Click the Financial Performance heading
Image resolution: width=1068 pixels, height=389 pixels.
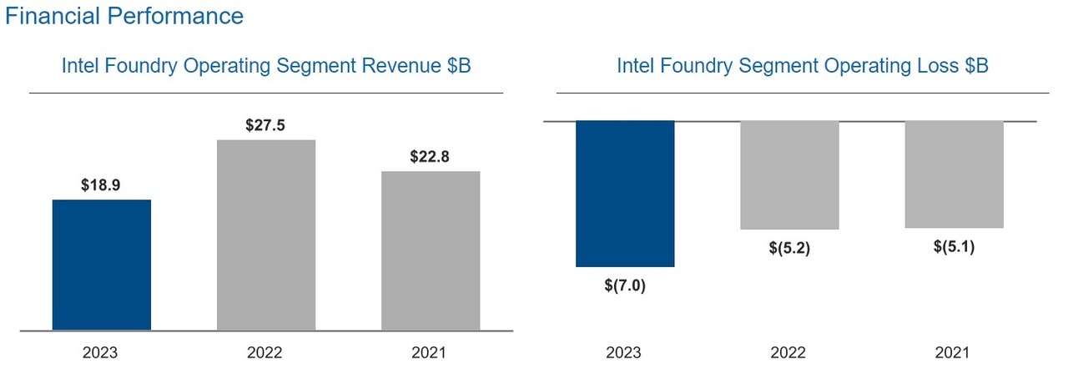[124, 16]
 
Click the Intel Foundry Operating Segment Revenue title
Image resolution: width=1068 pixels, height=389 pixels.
[266, 66]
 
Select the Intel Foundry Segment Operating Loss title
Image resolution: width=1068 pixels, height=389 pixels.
[802, 66]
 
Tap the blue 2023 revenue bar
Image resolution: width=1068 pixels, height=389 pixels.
[102, 265]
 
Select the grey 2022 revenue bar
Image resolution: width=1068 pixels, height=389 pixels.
[266, 235]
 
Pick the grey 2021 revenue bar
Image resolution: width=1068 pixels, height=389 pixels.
[431, 251]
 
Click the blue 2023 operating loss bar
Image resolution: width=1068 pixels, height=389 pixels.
[625, 194]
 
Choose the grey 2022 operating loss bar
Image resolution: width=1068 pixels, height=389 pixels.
[789, 175]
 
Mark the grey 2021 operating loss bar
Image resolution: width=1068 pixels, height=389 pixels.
[954, 174]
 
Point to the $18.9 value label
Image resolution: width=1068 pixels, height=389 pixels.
[101, 186]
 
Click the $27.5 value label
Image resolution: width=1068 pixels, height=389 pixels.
[266, 126]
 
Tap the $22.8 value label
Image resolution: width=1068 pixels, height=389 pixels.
[431, 157]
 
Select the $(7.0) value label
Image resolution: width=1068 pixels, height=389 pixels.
[625, 285]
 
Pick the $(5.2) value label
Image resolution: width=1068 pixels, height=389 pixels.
[789, 249]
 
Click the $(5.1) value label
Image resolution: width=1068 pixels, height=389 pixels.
[954, 247]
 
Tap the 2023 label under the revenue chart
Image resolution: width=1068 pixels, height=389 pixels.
[100, 353]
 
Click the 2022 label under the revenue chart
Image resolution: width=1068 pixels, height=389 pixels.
[264, 353]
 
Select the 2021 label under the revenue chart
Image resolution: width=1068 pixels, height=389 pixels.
[429, 353]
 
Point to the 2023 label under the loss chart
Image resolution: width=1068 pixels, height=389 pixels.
[623, 353]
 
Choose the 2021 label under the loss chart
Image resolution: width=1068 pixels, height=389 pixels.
[952, 353]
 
